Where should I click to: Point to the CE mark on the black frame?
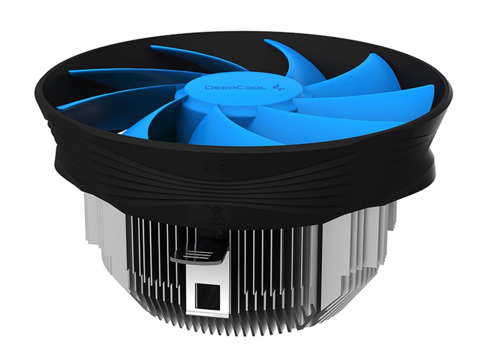(x=215, y=166)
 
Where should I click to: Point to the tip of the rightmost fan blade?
(x=432, y=89)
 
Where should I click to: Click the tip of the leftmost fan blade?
(x=59, y=107)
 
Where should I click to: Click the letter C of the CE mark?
(x=209, y=166)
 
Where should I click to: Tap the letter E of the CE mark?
(x=221, y=167)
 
